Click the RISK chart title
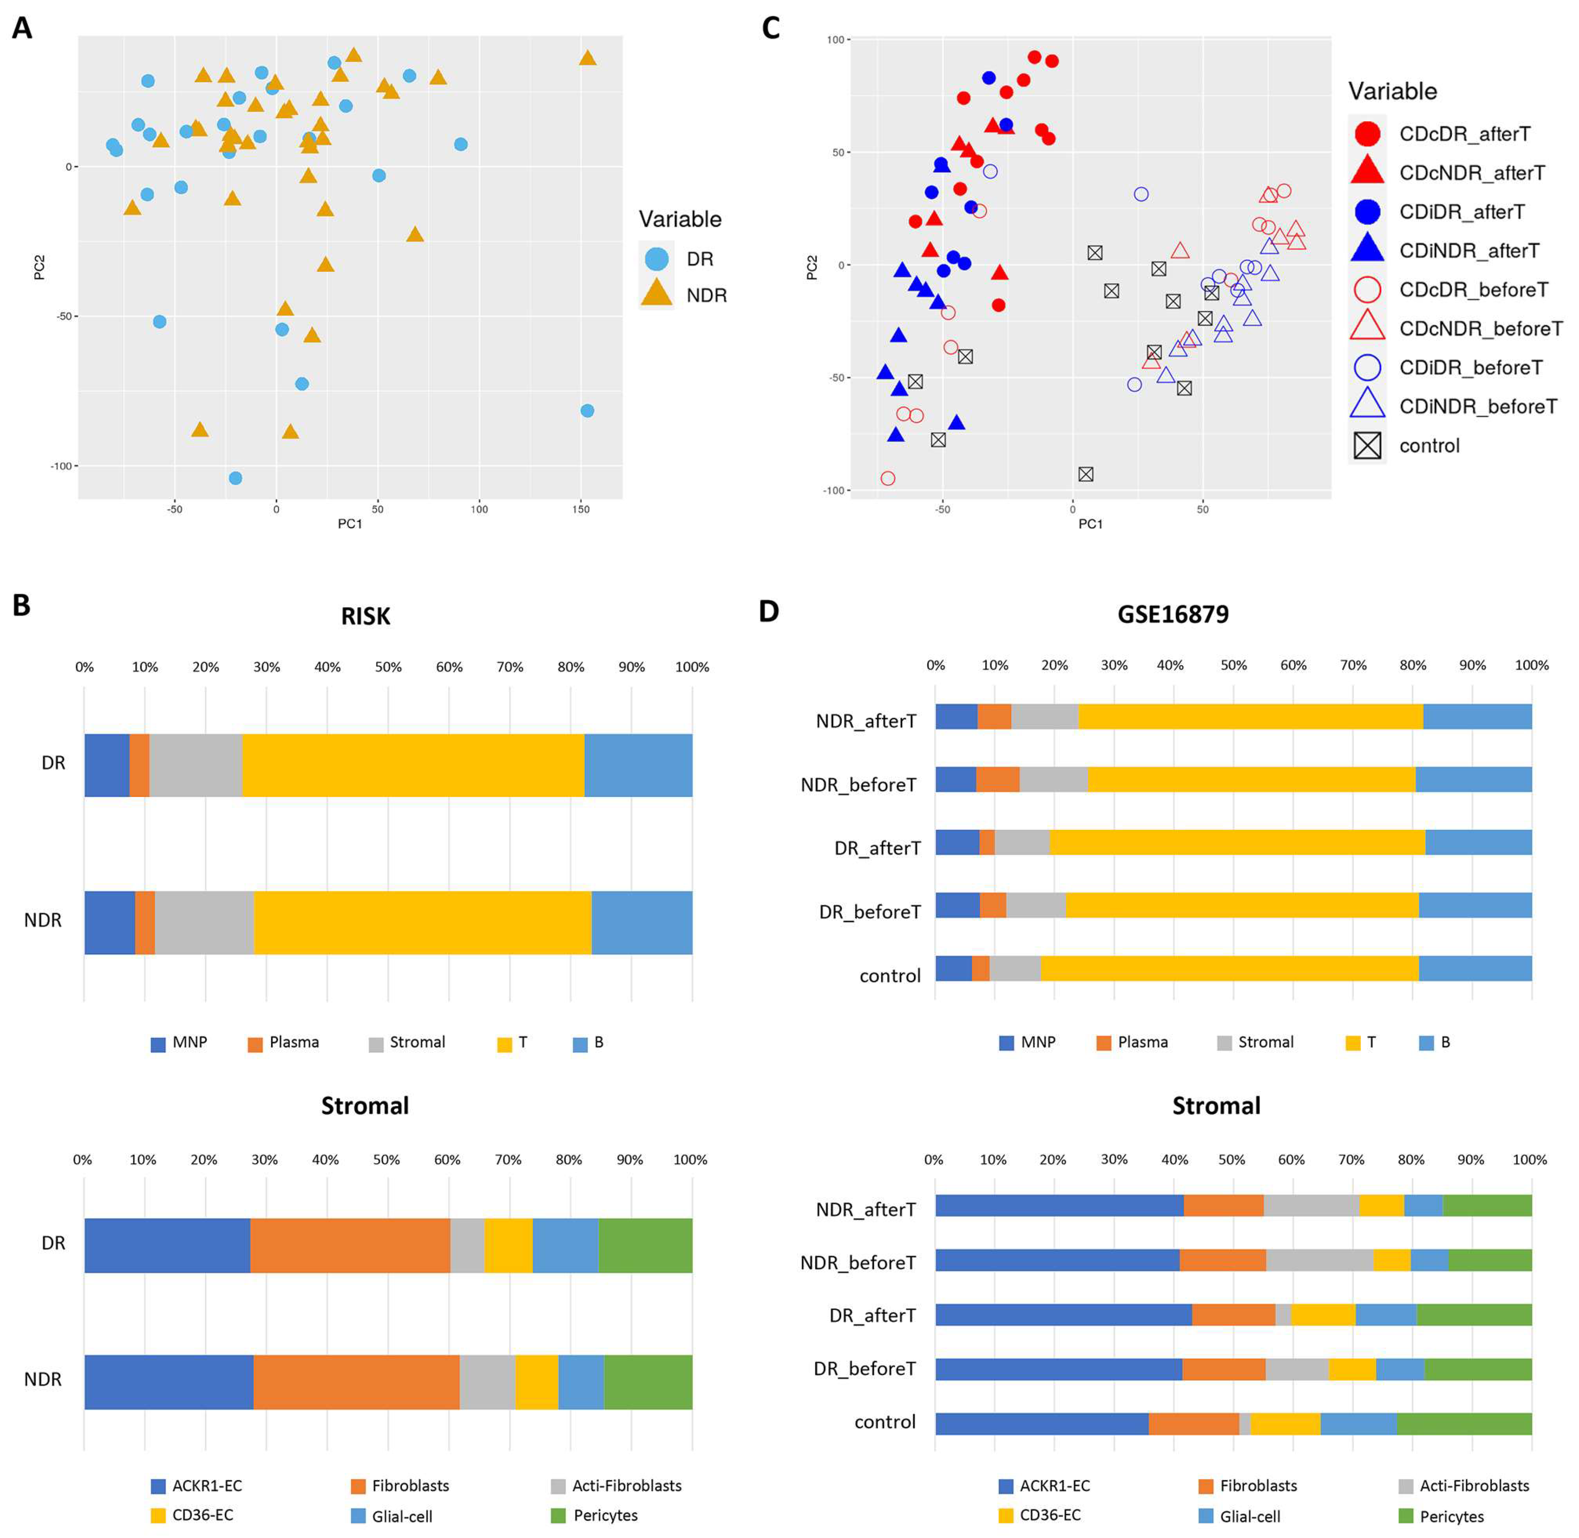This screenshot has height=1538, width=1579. click(x=365, y=616)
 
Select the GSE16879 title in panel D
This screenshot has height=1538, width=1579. click(x=1172, y=614)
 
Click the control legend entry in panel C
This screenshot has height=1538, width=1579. click(x=1429, y=446)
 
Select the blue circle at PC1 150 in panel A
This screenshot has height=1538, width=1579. click(x=587, y=411)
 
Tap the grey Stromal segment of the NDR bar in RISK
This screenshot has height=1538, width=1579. click(x=203, y=922)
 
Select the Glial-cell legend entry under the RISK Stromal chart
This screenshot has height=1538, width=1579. click(x=402, y=1516)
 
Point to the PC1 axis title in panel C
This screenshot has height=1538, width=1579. click(x=1090, y=524)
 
